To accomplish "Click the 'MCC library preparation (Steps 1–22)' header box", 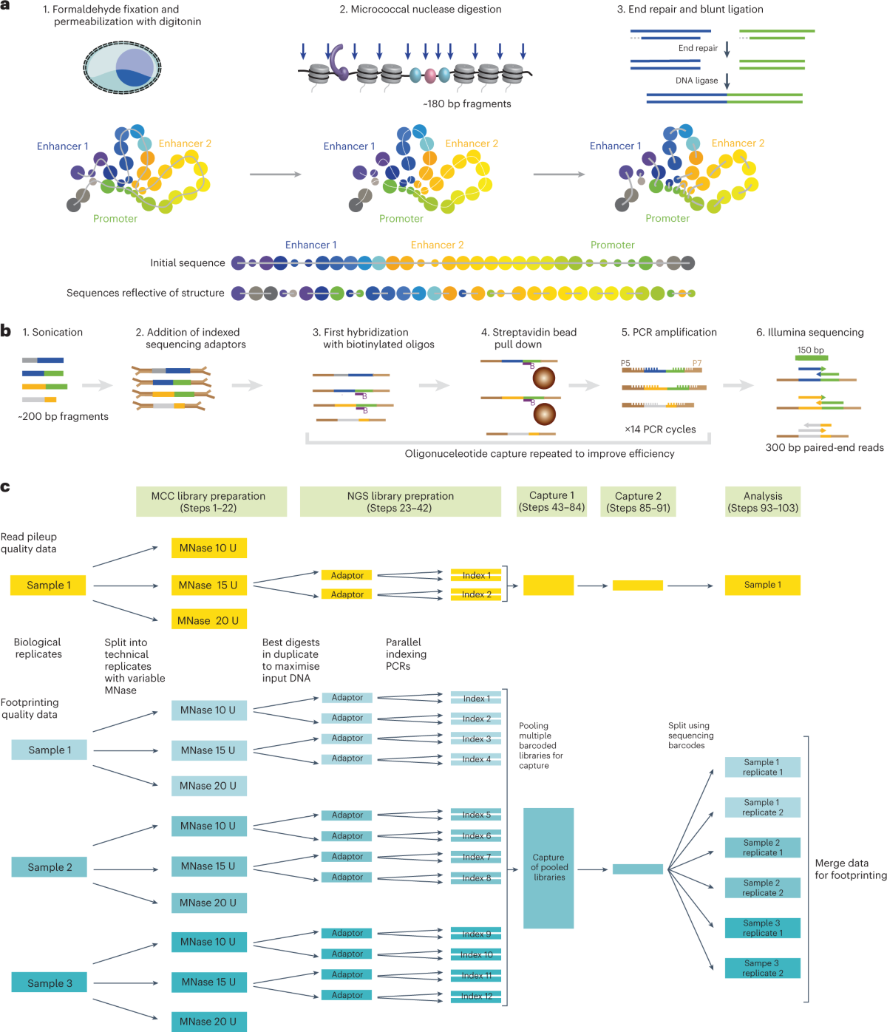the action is (x=211, y=501).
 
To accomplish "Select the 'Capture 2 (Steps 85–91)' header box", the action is (x=638, y=501).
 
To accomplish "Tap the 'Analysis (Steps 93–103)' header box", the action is (x=762, y=501).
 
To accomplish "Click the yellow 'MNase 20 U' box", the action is (x=208, y=620).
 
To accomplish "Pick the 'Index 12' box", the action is (x=476, y=996).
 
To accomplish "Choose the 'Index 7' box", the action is (x=476, y=857).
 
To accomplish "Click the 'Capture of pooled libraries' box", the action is (x=548, y=867).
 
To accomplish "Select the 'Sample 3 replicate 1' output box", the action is (x=762, y=928).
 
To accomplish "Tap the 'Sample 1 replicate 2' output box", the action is (x=762, y=807).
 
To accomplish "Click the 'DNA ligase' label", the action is (x=696, y=81).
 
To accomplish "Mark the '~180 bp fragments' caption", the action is (x=467, y=104).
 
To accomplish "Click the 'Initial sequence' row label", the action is (x=187, y=263).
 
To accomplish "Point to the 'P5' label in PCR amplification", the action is (x=625, y=363).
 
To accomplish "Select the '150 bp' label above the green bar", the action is (x=810, y=350).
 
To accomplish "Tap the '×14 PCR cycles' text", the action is (x=660, y=430).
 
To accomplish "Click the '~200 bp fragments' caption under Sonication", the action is (x=63, y=417).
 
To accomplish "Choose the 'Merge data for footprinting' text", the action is (x=850, y=869).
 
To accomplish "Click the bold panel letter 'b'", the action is (x=6, y=331).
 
